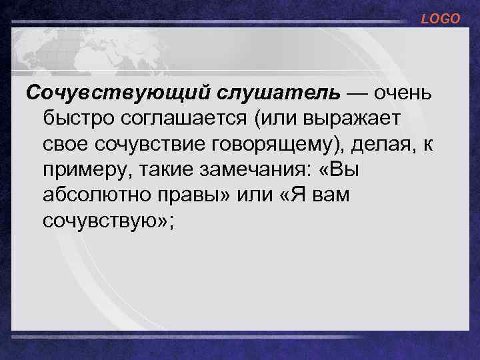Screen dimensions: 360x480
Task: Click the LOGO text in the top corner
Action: coord(441,19)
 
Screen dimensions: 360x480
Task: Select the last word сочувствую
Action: coord(102,221)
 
